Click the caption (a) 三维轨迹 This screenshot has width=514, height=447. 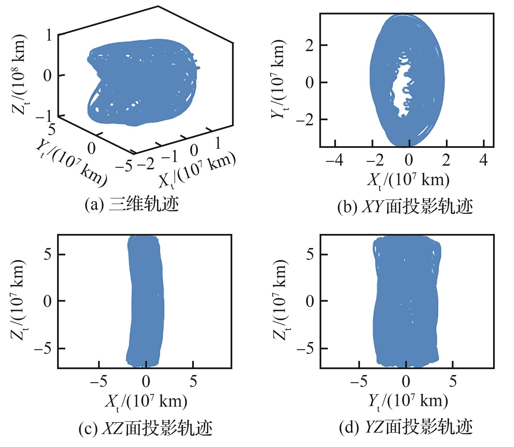(132, 205)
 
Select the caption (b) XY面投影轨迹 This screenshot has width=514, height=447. (405, 207)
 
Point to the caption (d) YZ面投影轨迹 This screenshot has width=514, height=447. (406, 427)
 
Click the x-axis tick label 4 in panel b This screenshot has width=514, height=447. (484, 160)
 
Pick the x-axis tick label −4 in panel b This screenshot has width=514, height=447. (335, 160)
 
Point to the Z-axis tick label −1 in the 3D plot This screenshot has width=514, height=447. (44, 116)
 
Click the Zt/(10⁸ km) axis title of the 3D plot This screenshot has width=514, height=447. (19, 75)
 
